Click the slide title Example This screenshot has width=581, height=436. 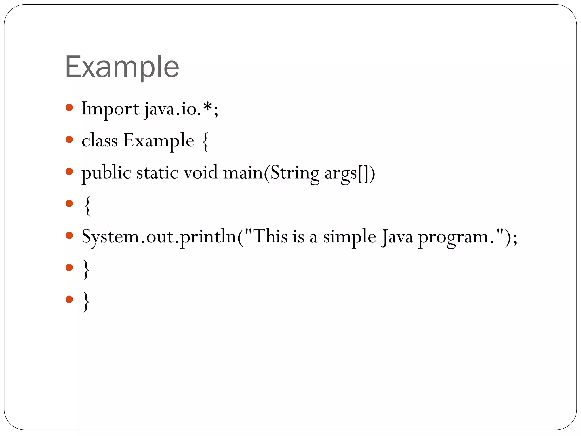tap(122, 67)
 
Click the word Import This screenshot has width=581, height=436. tap(110, 109)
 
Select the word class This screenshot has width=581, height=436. tap(100, 141)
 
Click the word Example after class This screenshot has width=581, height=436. tap(159, 141)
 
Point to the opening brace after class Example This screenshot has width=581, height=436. tap(206, 142)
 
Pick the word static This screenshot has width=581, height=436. tap(157, 173)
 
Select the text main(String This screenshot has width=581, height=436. tap(271, 173)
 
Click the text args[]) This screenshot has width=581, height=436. tap(350, 173)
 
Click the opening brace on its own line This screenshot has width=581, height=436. tap(87, 206)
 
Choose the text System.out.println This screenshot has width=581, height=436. tap(159, 237)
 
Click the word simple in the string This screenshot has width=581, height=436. tap(350, 237)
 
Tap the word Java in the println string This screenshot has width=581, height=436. tap(397, 237)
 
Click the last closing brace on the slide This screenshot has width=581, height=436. tap(86, 302)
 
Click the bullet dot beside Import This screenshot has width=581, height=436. tap(69, 108)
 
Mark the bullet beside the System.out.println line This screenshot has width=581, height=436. tap(69, 235)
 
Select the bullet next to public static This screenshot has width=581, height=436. tap(69, 171)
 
